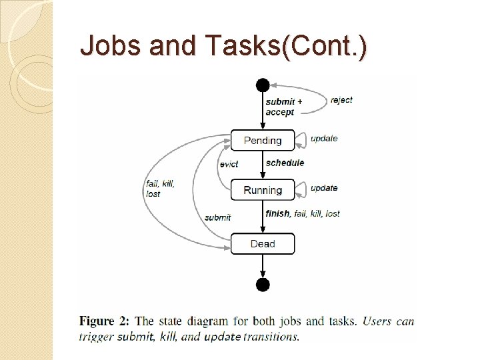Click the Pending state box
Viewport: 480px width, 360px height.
click(x=263, y=140)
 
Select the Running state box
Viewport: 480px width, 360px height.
click(x=263, y=190)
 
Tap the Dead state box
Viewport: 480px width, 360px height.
click(x=263, y=243)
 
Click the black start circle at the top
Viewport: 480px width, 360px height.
click(x=263, y=85)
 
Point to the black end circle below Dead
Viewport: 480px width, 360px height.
click(x=263, y=285)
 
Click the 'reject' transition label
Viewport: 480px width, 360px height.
click(x=341, y=100)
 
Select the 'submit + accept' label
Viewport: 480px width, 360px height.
click(x=283, y=107)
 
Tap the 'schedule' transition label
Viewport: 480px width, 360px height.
click(x=285, y=163)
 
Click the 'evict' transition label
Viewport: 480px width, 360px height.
click(x=229, y=164)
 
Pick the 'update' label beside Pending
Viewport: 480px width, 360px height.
click(x=324, y=139)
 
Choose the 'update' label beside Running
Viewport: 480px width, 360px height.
click(x=324, y=188)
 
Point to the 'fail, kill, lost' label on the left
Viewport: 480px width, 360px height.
click(x=160, y=189)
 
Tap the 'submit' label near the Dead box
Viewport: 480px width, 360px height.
click(x=217, y=217)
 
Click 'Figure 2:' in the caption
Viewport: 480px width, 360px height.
click(x=105, y=321)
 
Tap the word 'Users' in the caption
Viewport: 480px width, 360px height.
click(x=377, y=321)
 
